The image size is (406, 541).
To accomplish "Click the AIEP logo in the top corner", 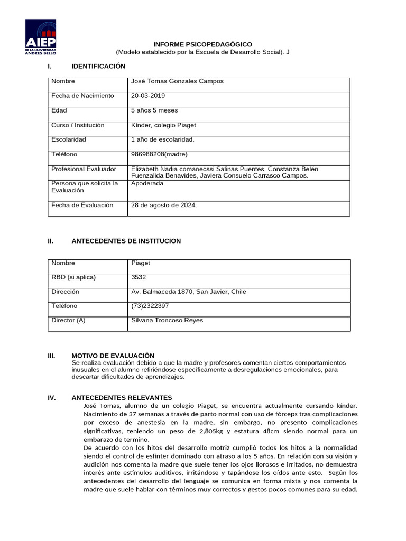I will tap(41, 38).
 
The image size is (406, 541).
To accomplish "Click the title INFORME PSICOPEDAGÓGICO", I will tap(202, 44).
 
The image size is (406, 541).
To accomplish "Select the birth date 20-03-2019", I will tap(147, 96).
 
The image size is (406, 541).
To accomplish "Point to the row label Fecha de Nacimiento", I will tap(82, 96).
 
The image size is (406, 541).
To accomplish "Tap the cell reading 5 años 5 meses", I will tap(154, 110).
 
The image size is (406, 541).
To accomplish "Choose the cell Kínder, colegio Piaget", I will tap(163, 125).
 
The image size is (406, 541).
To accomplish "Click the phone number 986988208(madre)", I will tap(159, 154).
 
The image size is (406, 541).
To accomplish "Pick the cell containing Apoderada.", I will tap(148, 184).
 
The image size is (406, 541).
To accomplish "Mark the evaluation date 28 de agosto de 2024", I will tap(164, 206).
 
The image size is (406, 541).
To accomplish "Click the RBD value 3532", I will tap(139, 277).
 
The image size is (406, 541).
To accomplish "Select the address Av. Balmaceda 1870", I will tap(166, 292).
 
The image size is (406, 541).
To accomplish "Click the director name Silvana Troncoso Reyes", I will tap(167, 320).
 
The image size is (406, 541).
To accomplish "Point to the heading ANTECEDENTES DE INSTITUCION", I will tap(126, 241).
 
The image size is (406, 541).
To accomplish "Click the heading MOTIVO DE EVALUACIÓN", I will tap(113, 356).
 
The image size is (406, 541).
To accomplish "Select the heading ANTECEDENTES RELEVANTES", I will tap(122, 397).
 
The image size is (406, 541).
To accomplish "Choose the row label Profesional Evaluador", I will tap(84, 169).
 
